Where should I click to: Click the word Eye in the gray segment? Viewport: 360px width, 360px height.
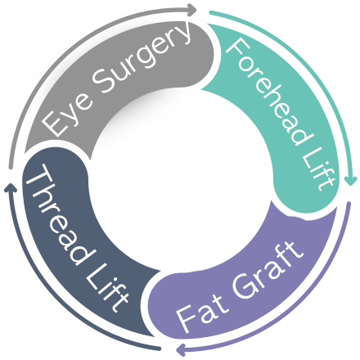tap(67, 115)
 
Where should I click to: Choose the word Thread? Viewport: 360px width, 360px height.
tap(60, 215)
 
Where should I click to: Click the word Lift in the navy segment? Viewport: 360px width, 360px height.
tap(107, 289)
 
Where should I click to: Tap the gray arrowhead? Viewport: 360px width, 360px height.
tap(192, 10)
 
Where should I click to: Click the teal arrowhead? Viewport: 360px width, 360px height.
tap(351, 180)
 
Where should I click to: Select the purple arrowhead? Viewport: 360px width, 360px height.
tap(181, 349)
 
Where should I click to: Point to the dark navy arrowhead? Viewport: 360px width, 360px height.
tap(11, 187)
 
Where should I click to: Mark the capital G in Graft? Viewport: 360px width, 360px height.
tap(244, 286)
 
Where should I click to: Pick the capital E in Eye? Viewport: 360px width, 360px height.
tap(53, 125)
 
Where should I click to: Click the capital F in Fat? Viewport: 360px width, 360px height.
tap(187, 320)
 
